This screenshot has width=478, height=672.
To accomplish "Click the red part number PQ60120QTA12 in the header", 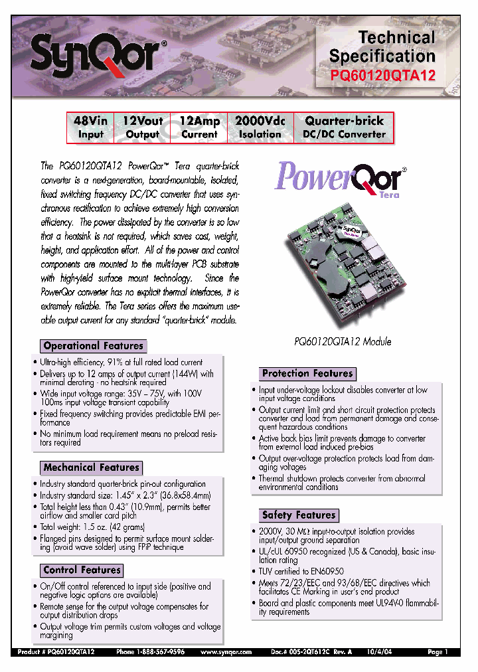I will (x=382, y=76).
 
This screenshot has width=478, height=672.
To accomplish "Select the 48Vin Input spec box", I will (x=91, y=127).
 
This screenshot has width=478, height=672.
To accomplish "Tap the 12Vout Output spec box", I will (x=143, y=127).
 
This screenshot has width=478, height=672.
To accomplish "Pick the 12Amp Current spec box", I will (x=199, y=127).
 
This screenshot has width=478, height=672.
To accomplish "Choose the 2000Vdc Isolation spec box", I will (x=260, y=127).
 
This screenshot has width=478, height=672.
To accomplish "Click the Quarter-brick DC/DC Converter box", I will (x=344, y=127).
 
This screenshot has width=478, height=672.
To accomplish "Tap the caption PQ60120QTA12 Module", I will (x=343, y=341).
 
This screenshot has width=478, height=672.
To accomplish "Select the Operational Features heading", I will (x=93, y=346).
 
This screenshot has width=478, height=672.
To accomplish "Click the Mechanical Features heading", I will (x=91, y=467).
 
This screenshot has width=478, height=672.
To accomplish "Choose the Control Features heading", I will (x=82, y=570).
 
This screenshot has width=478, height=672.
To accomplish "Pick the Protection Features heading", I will (x=307, y=373).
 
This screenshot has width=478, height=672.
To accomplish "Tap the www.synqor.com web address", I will (x=228, y=653).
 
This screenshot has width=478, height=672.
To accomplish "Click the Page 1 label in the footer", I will (x=438, y=653).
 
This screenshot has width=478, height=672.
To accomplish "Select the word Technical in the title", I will (x=397, y=37).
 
